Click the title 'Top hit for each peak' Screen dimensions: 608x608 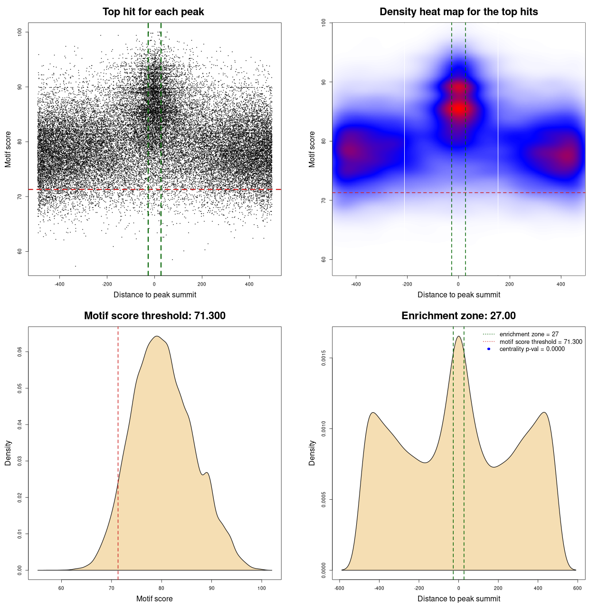(x=153, y=12)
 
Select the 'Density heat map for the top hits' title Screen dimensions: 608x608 (x=458, y=12)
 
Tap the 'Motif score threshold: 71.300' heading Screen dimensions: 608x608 (x=154, y=316)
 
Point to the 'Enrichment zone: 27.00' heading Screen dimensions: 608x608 (x=458, y=316)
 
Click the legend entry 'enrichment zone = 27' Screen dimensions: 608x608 (x=529, y=334)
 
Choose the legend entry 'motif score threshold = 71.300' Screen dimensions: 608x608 (x=541, y=342)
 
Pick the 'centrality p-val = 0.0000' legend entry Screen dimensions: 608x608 (x=532, y=349)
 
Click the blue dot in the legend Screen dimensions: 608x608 (x=489, y=349)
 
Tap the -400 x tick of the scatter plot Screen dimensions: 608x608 (x=59, y=285)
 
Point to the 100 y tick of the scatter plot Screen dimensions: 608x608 (x=20, y=32)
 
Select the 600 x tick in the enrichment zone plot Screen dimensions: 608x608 (x=577, y=588)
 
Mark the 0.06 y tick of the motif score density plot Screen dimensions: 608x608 (x=20, y=351)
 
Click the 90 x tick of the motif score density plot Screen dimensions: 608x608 (x=212, y=588)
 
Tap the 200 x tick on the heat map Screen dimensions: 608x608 (x=510, y=285)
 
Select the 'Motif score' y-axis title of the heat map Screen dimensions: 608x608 (x=312, y=149)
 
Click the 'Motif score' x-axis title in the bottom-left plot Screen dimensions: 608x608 (x=154, y=598)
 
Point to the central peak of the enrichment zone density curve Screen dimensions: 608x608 (x=458, y=337)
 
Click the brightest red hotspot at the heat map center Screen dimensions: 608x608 (x=458, y=108)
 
